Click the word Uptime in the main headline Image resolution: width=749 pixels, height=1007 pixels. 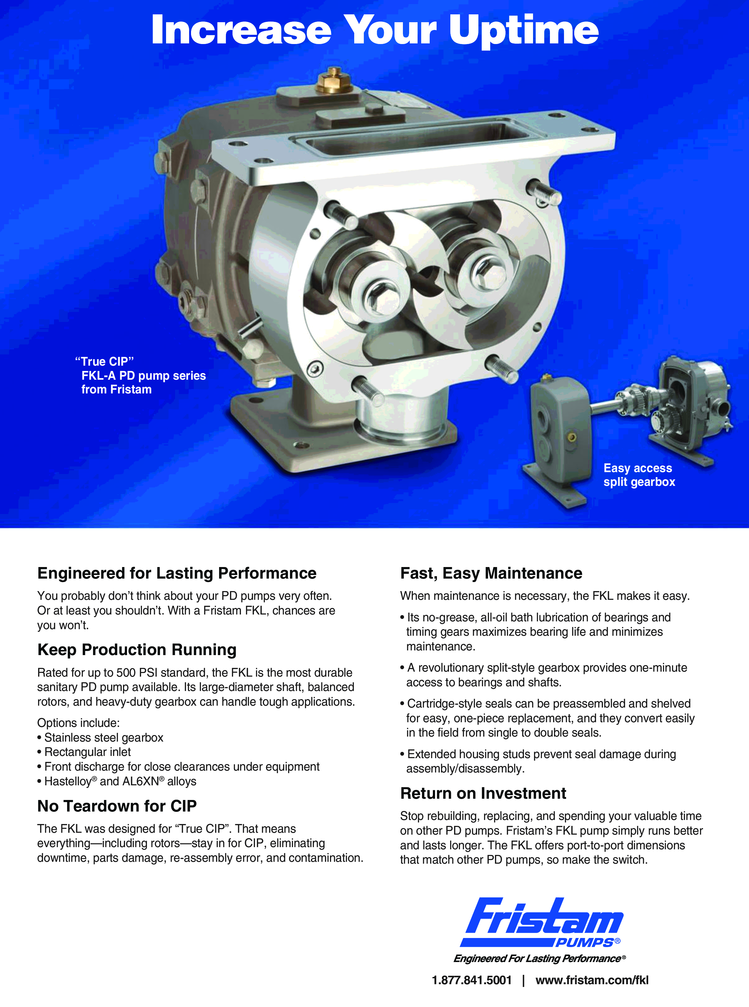(x=524, y=31)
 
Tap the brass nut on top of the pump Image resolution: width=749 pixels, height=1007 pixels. (x=335, y=81)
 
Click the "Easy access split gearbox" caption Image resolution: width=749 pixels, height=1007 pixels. (x=639, y=475)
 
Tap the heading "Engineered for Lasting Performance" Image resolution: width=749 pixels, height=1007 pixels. (x=177, y=573)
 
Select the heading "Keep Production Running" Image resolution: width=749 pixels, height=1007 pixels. (x=137, y=649)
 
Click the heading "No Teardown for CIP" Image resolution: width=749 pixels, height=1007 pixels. (x=117, y=806)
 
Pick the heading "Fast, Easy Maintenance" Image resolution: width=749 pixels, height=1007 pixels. (x=491, y=573)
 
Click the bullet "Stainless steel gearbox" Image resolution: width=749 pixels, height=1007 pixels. (x=101, y=738)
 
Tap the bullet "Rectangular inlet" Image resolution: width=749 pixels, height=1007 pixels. (x=84, y=752)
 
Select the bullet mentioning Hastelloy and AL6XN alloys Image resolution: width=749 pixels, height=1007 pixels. (x=117, y=781)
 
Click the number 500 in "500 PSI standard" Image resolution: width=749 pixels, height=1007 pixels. (x=126, y=672)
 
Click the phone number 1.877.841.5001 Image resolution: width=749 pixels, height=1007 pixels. (x=472, y=980)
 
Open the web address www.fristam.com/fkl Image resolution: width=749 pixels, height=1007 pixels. (x=592, y=980)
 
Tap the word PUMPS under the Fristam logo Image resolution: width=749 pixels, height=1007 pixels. (x=585, y=943)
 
